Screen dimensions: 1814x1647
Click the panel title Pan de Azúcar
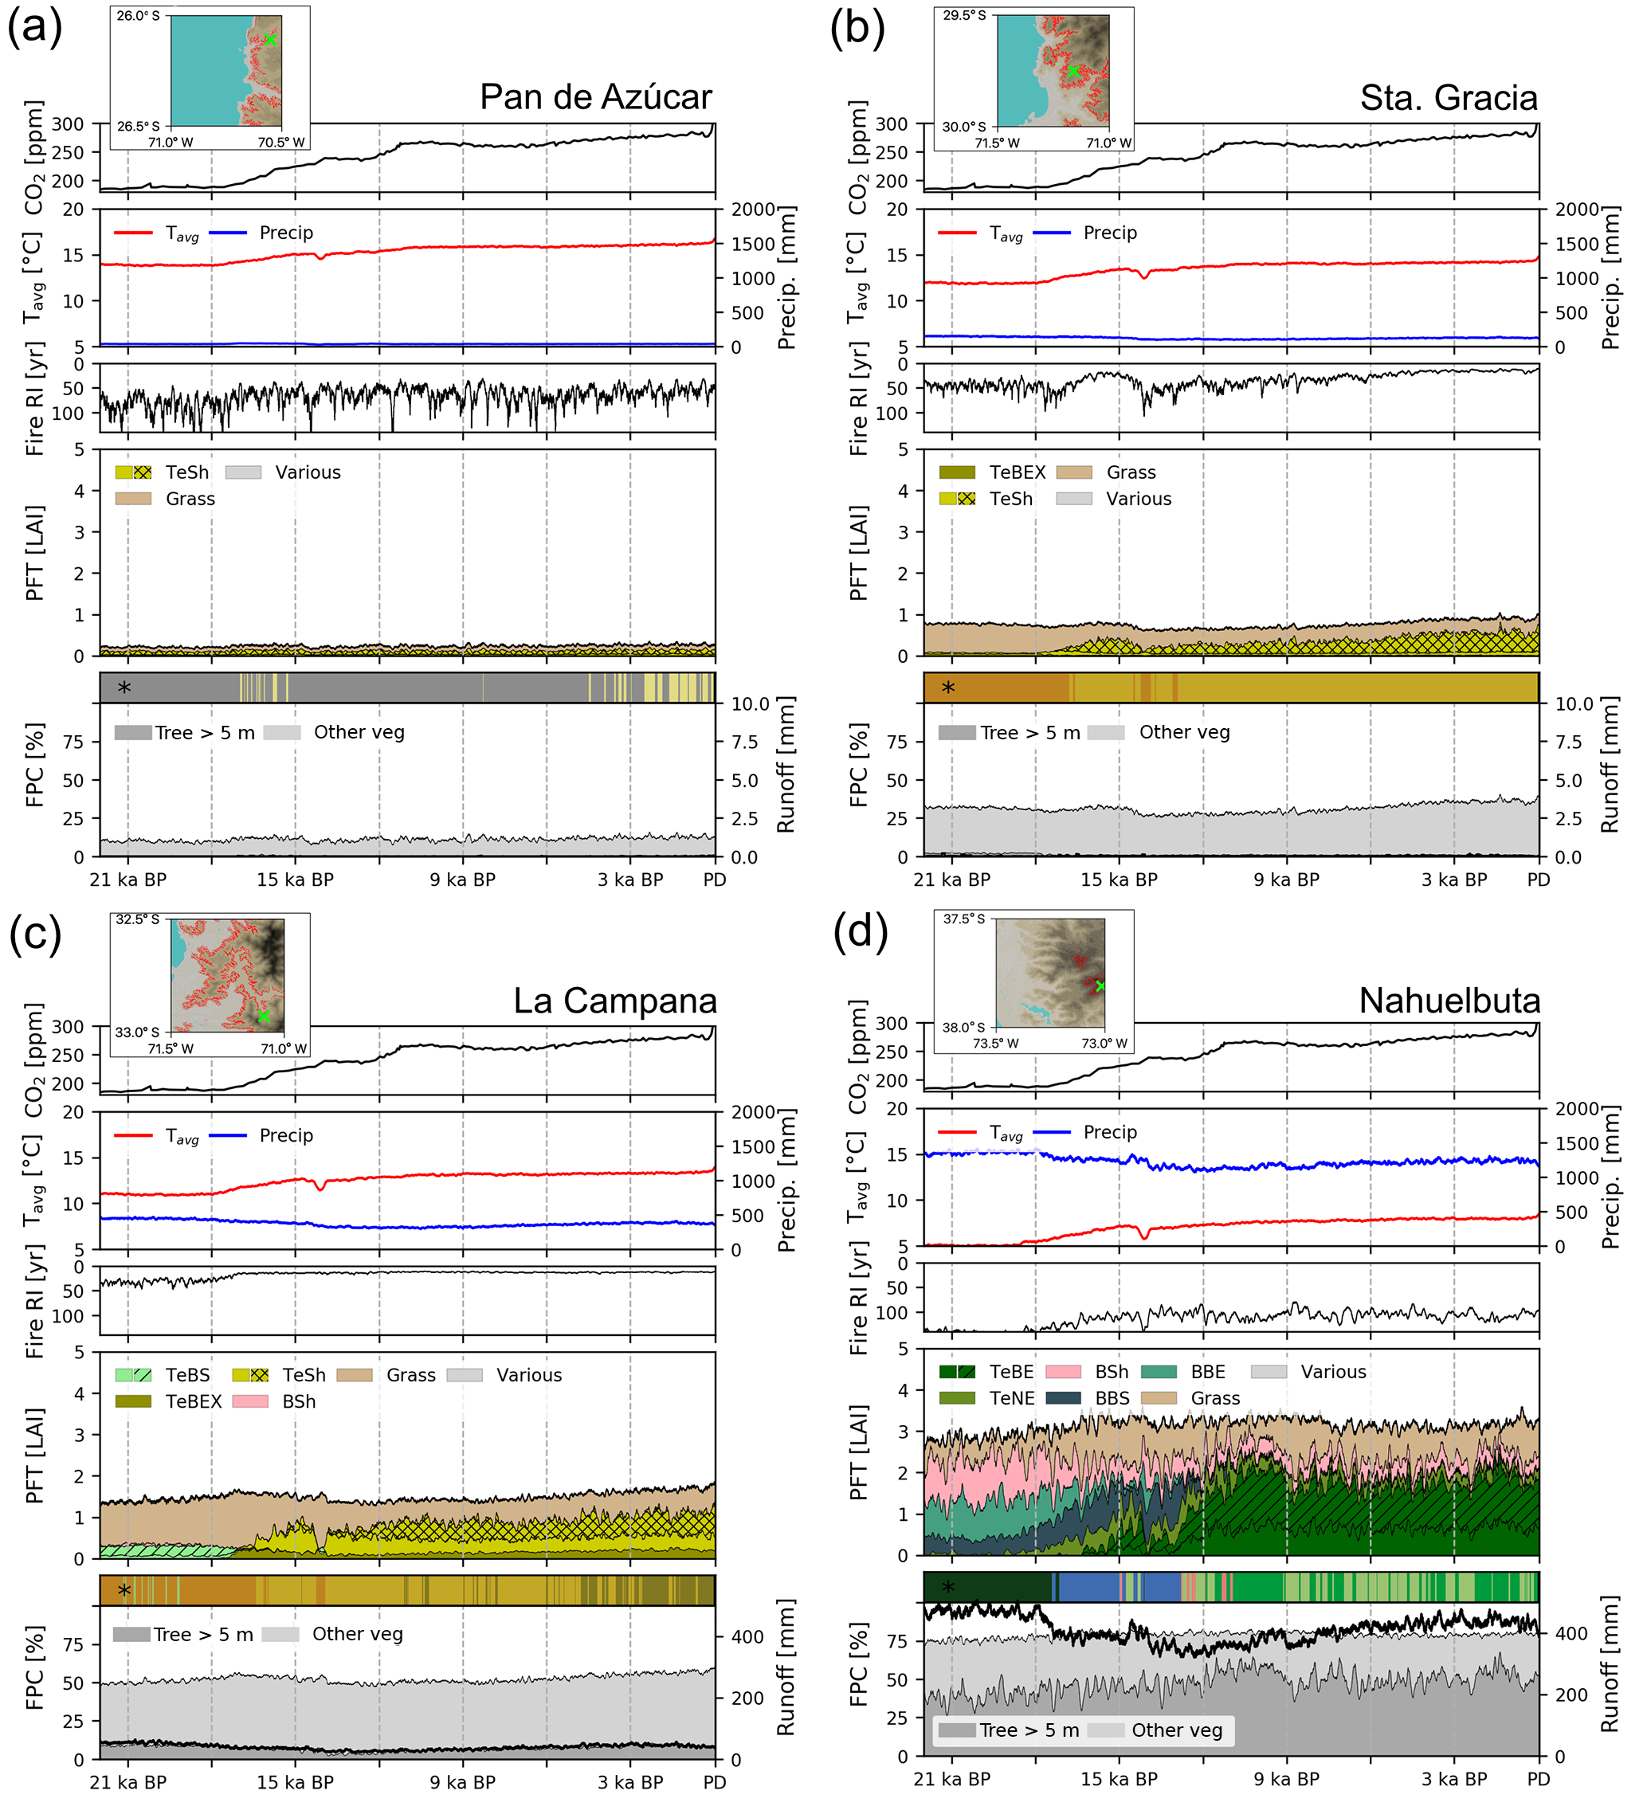595,97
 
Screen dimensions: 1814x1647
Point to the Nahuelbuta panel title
1449,1001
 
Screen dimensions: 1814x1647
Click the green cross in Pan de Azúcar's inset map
270,39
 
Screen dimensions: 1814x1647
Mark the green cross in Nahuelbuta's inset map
1100,986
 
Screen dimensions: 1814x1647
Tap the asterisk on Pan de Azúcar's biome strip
124,688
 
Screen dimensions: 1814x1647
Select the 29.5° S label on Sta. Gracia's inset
964,15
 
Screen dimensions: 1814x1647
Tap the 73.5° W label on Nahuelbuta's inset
995,1044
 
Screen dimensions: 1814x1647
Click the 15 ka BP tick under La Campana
295,1782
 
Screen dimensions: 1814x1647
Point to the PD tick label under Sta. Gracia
1538,880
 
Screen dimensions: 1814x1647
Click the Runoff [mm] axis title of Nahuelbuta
1610,1666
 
